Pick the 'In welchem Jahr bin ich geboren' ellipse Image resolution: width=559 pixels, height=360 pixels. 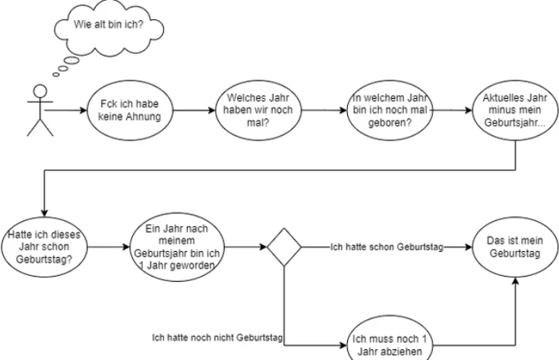click(x=388, y=110)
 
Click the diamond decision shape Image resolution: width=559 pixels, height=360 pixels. click(x=285, y=248)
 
